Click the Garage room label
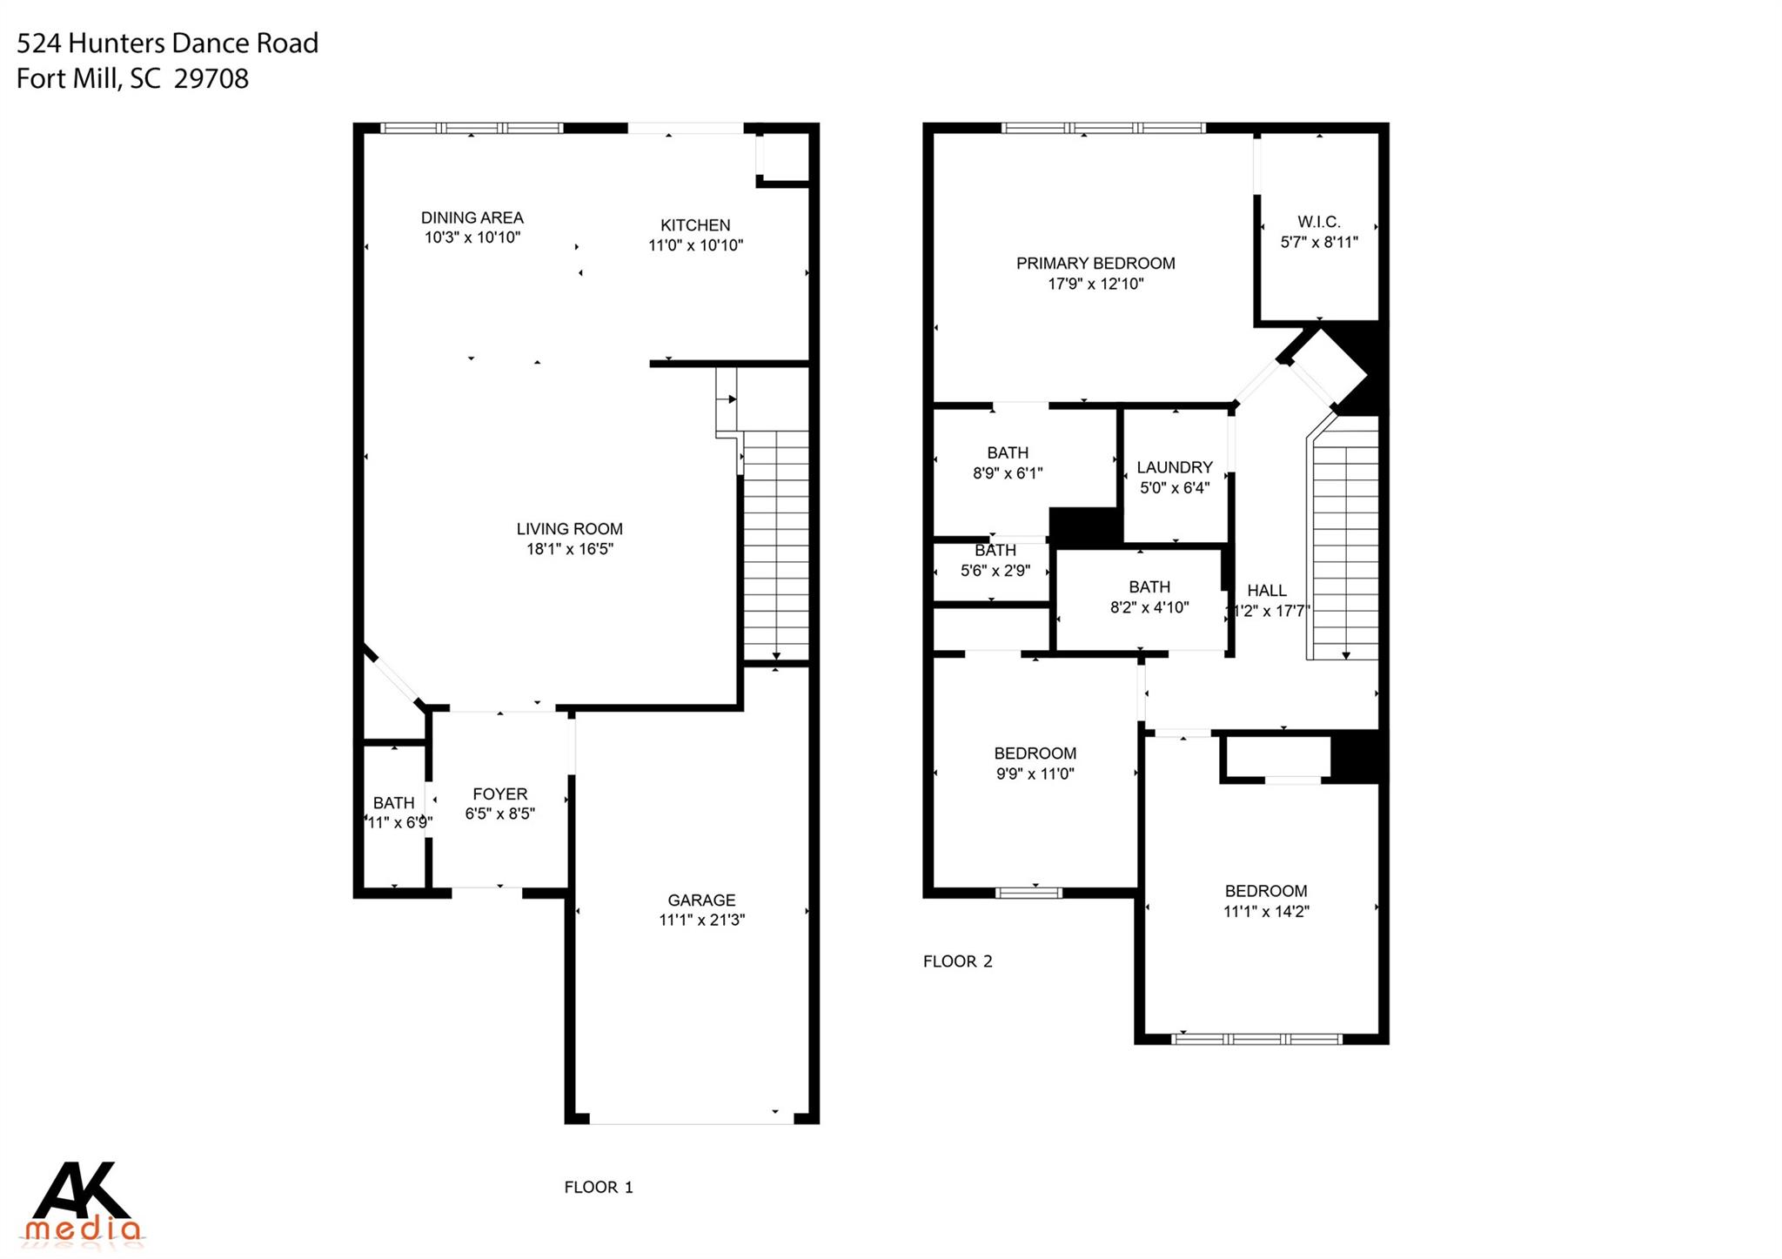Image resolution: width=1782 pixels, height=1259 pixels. (x=701, y=900)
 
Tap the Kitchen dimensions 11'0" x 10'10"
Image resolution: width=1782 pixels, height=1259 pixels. (x=695, y=245)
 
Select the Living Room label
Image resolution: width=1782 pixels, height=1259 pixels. (x=569, y=528)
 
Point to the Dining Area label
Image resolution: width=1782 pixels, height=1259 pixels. (x=472, y=218)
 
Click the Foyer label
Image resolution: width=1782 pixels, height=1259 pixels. (x=499, y=794)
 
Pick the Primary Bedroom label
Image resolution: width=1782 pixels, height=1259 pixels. (x=1095, y=263)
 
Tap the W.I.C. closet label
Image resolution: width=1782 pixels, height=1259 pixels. (x=1318, y=222)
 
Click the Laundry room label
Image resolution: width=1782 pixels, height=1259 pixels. (x=1174, y=467)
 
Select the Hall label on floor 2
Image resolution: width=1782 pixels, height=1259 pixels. (x=1266, y=590)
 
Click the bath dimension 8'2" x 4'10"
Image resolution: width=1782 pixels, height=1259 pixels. (x=1149, y=607)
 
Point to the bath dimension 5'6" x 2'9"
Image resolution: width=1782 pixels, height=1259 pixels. (x=995, y=571)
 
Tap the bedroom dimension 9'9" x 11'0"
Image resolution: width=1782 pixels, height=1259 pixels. (x=1035, y=773)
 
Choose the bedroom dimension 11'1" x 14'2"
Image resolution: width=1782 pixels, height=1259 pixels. (x=1265, y=911)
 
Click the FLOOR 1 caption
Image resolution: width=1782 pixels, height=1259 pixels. (x=598, y=1187)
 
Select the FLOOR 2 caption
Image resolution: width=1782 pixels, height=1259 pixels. (x=957, y=961)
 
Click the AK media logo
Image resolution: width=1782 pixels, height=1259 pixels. (x=83, y=1201)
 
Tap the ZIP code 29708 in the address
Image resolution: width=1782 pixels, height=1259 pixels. (x=211, y=78)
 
